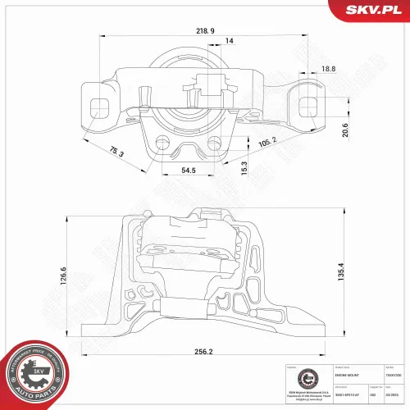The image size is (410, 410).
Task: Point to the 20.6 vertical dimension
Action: click(x=345, y=130)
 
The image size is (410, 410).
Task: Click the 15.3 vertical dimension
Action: click(x=244, y=166)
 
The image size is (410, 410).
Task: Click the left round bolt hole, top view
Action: click(x=166, y=144)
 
